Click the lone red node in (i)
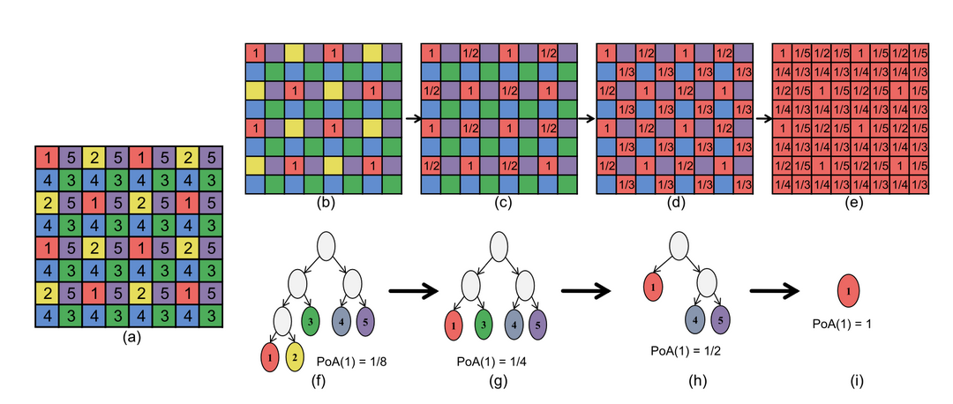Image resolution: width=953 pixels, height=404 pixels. point(849,289)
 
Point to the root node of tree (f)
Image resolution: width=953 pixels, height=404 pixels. point(326,247)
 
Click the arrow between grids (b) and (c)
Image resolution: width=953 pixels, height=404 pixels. point(413,118)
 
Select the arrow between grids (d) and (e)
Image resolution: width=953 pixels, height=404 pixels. point(762,118)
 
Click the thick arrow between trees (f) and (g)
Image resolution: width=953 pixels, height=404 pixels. point(413,292)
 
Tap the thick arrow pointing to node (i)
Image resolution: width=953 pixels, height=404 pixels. point(776,291)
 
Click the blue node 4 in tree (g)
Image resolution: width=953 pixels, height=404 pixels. point(514,325)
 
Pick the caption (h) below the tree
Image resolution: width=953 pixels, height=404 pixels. point(694,381)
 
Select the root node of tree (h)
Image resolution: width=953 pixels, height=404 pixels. point(679,247)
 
